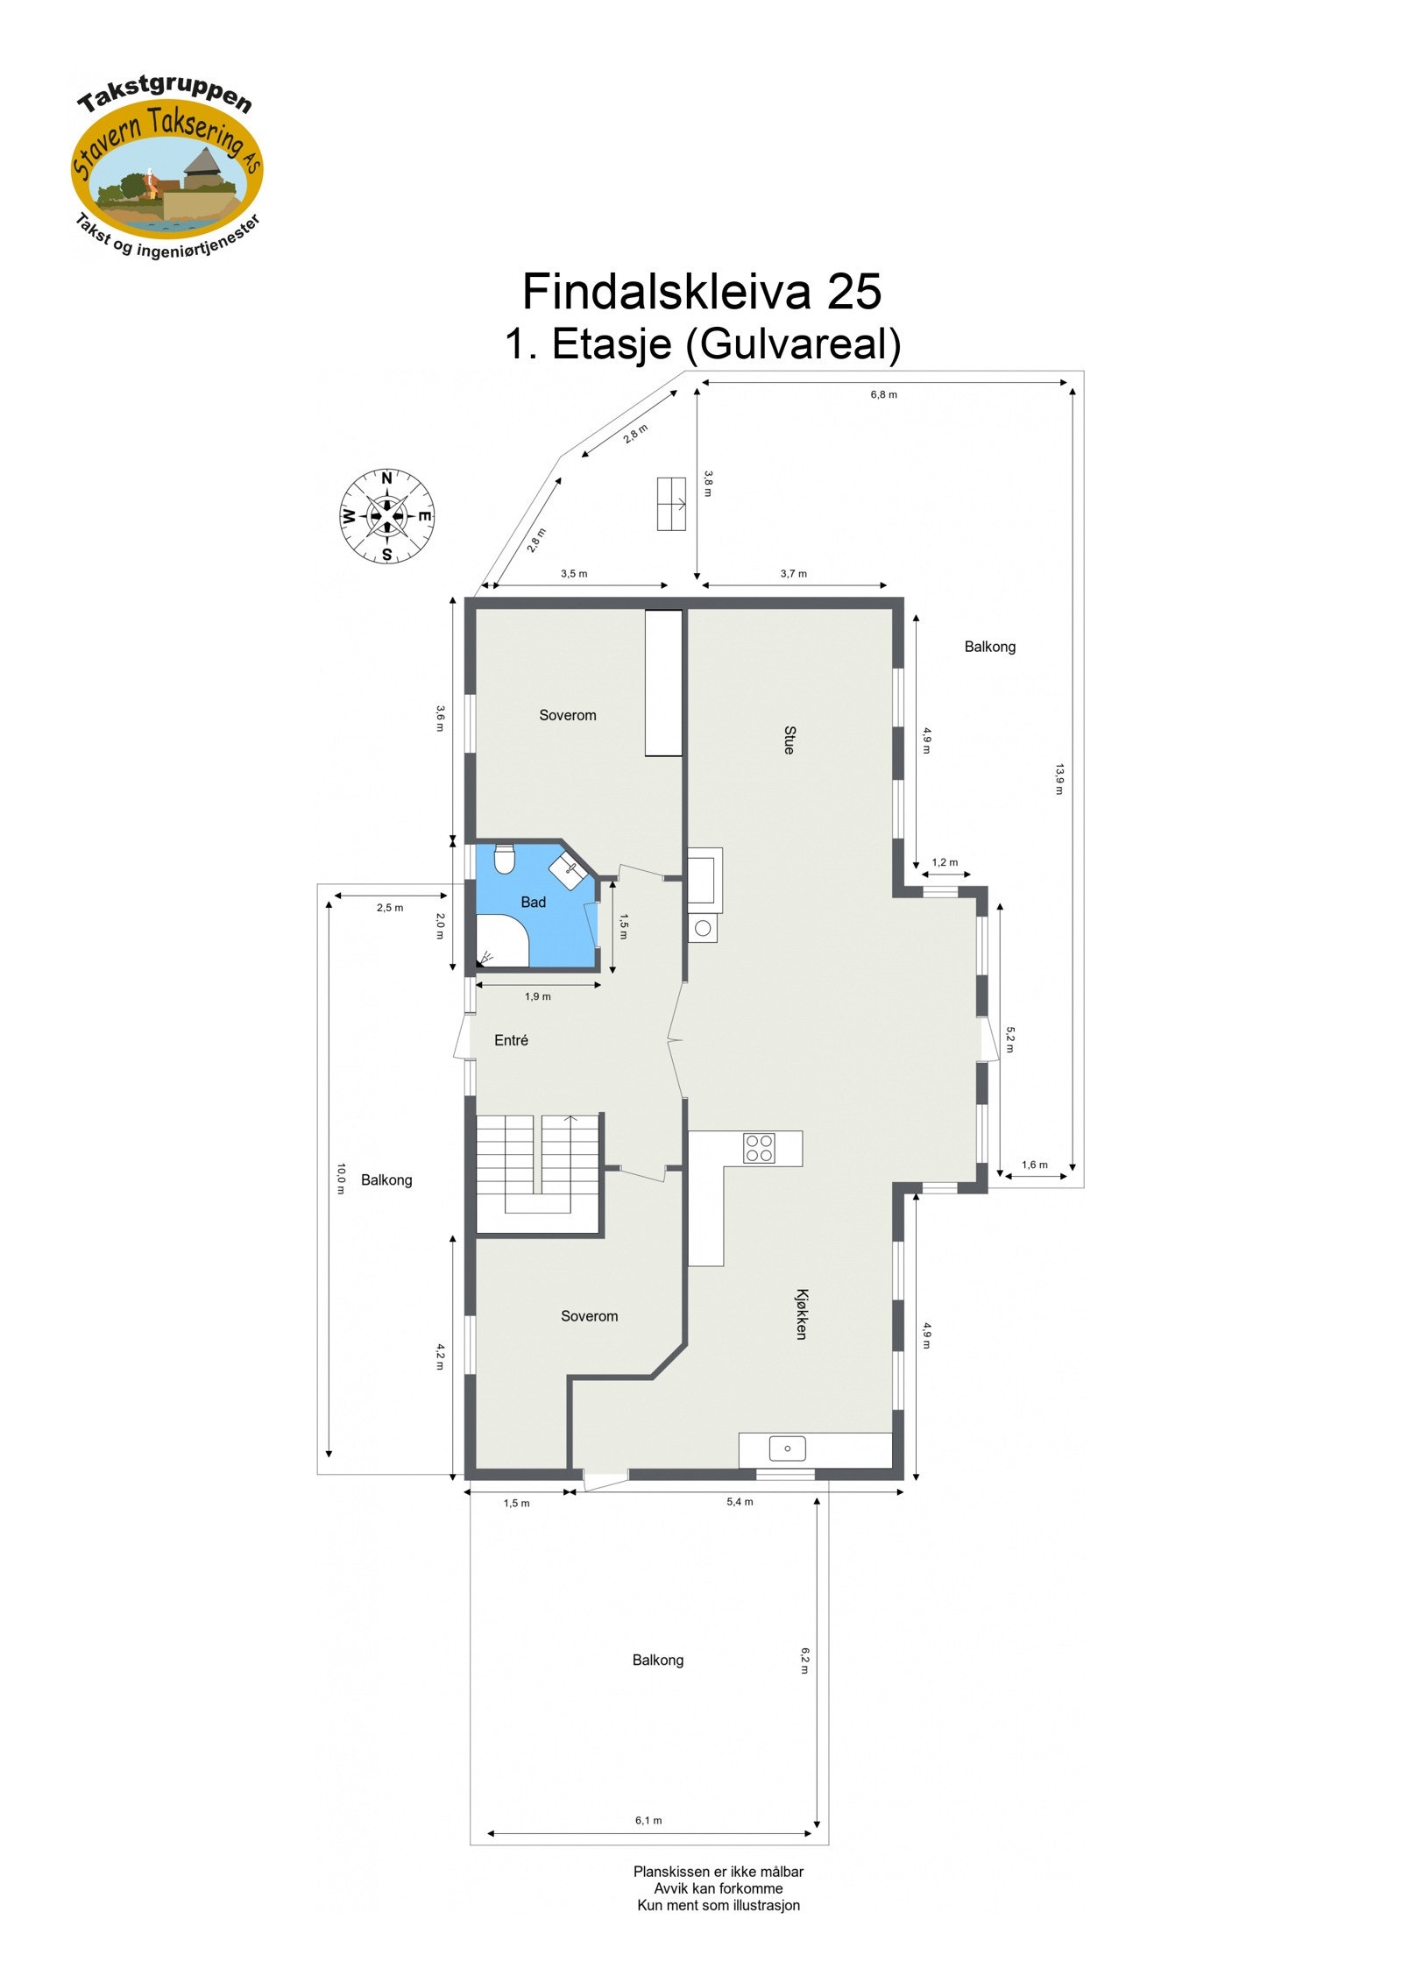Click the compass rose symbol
386,516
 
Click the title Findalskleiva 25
701,291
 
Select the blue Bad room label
533,902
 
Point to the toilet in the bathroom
504,859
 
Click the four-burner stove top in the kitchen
759,1148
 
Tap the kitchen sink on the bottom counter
787,1448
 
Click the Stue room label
790,740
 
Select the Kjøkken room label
801,1314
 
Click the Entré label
511,1040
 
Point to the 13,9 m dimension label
1059,779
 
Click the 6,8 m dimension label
883,394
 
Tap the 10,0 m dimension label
341,1179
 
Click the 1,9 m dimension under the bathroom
538,996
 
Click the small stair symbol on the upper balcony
671,504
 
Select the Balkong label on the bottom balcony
657,1660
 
